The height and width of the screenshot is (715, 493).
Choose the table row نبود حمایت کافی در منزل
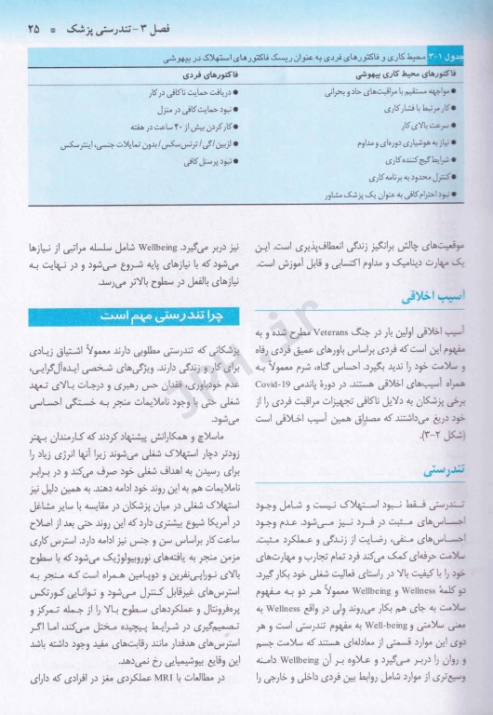point(186,108)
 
